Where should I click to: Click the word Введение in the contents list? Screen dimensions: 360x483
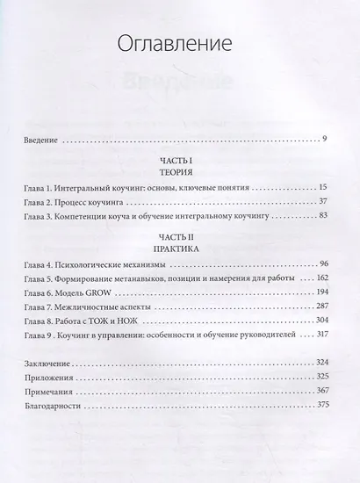click(47, 139)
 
